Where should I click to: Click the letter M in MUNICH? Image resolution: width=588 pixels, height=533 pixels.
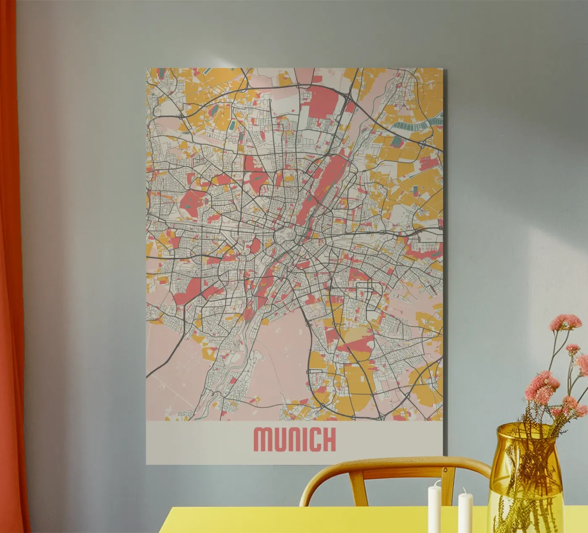(264, 440)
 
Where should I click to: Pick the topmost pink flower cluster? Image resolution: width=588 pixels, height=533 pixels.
(565, 323)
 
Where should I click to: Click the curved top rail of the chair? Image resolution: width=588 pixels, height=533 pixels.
(395, 467)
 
